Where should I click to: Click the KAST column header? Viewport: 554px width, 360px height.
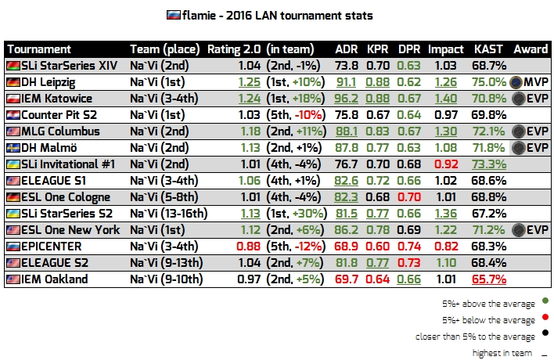[x=489, y=49]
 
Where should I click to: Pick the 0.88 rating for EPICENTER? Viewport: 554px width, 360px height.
[x=232, y=246]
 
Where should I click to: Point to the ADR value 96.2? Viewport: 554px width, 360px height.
[x=346, y=98]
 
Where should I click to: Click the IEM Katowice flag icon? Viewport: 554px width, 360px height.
[x=13, y=98]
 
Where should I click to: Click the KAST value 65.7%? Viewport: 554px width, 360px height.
[x=489, y=279]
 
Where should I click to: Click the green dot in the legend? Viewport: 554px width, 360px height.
[x=545, y=301]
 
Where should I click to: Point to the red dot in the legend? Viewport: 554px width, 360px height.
[x=545, y=319]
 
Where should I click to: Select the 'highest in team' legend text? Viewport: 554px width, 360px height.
[x=502, y=353]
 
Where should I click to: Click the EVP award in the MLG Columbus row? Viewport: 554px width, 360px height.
[x=531, y=131]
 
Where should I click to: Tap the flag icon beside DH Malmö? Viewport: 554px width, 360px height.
[x=13, y=147]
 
